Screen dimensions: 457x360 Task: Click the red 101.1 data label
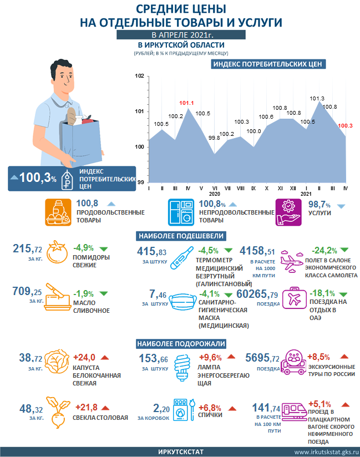(x=186, y=103)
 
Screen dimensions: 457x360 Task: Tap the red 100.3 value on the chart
(x=345, y=126)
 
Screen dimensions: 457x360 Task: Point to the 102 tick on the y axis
(x=140, y=77)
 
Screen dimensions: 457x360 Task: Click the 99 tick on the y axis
(x=140, y=182)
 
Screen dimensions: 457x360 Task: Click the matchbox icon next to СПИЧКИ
(x=179, y=410)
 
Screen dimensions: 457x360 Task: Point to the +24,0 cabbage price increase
(x=85, y=357)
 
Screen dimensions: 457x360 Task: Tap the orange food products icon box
(x=59, y=211)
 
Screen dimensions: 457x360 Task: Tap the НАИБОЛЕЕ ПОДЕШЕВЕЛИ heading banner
(x=180, y=235)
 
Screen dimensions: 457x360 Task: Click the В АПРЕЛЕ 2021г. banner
(x=181, y=35)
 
